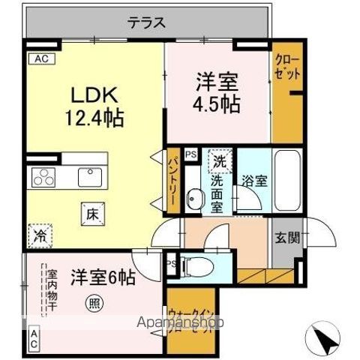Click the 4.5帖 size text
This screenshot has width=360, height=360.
[217, 103]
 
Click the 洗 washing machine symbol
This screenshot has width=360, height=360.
[218, 160]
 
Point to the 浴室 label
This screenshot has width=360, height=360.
[253, 181]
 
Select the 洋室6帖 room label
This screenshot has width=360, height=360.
[103, 277]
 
